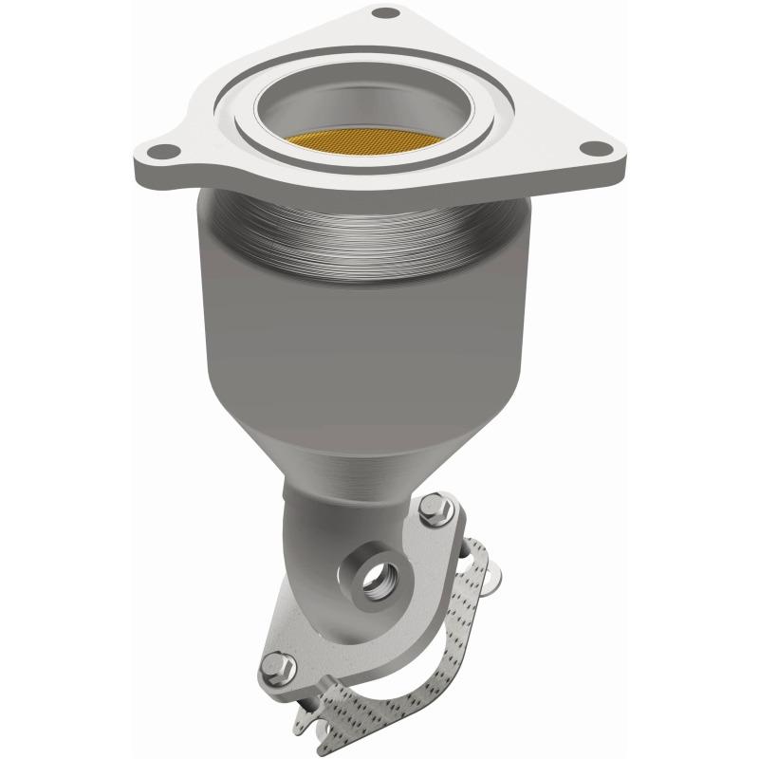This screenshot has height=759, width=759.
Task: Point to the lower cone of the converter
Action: pos(379,455)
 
